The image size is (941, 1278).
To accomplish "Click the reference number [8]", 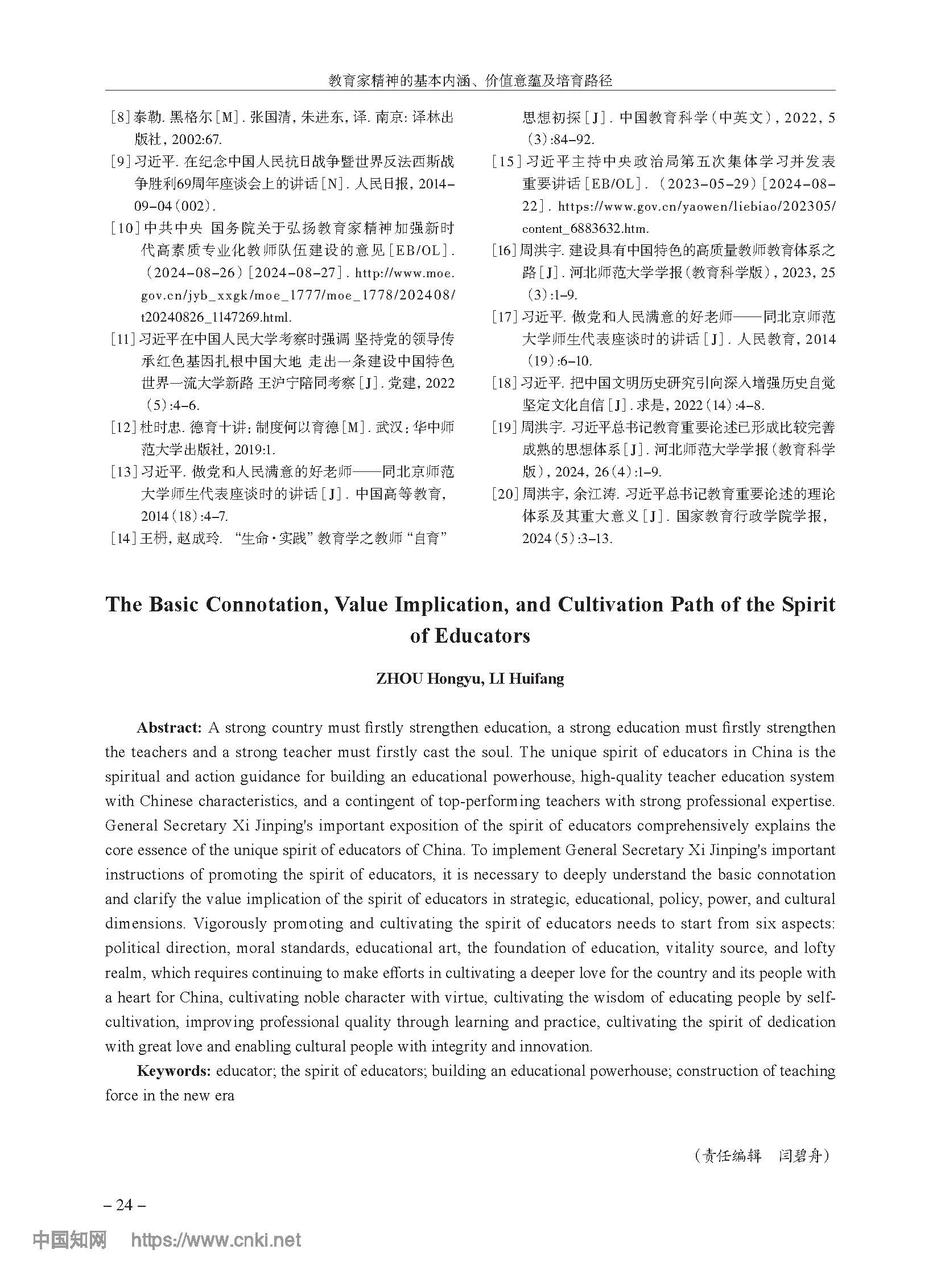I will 121,118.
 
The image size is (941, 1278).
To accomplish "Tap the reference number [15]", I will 506,162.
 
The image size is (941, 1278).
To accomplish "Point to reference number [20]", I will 505,494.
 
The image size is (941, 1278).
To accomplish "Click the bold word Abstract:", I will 169,729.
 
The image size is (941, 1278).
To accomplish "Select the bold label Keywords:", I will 174,1071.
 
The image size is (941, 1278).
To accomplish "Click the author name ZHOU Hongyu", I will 426,679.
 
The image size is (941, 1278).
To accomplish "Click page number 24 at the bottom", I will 124,1205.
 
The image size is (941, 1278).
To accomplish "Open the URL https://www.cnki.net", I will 216,1240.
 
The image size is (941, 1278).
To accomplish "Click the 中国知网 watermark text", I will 69,1240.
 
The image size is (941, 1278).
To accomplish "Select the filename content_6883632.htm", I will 585,229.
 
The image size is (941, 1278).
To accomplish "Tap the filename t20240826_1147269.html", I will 216,317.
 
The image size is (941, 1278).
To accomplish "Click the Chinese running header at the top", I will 470,80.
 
